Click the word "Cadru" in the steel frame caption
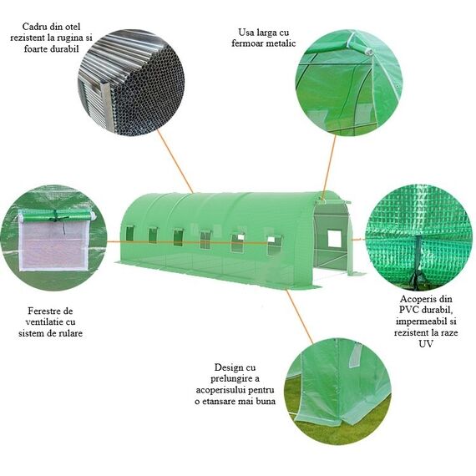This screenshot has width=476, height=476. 34,27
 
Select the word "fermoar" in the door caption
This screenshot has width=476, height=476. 247,43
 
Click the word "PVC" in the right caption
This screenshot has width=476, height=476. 408,310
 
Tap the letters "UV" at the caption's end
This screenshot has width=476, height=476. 426,344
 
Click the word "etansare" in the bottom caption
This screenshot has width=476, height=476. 219,402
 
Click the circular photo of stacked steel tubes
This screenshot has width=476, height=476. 131,83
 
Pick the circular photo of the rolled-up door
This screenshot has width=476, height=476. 349,83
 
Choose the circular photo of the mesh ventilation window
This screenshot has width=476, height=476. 53,238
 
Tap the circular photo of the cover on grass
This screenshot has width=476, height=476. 337,392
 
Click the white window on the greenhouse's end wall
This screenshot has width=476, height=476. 334,238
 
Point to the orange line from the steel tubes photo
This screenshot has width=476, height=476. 175,161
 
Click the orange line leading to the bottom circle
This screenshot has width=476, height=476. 300,316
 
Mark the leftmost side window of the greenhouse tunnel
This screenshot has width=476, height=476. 129,233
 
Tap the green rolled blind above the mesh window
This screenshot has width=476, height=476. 56,215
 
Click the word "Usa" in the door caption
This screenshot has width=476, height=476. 246,33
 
